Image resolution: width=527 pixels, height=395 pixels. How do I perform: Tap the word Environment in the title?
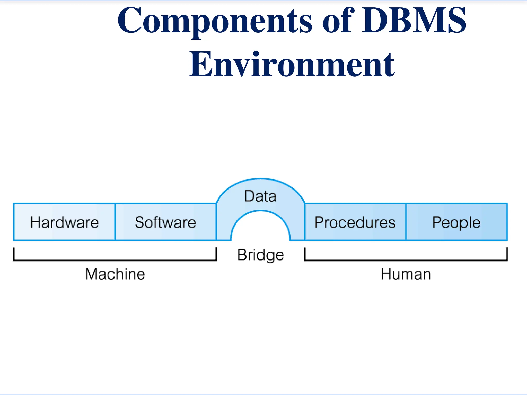click(292, 64)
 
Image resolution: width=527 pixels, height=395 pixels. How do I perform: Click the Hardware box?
click(64, 222)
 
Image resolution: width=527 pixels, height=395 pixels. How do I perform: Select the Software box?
click(165, 222)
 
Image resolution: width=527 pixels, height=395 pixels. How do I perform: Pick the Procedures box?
click(355, 222)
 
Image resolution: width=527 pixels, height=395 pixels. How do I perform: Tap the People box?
click(456, 222)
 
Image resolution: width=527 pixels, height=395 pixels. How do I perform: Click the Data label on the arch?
click(260, 196)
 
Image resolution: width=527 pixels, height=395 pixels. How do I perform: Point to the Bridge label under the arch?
click(260, 255)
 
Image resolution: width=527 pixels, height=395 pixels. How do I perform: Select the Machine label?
click(115, 274)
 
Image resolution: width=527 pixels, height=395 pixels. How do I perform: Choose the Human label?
click(406, 274)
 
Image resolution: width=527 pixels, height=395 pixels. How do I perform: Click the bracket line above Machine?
click(115, 260)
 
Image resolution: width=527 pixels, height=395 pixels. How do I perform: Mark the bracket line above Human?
click(406, 260)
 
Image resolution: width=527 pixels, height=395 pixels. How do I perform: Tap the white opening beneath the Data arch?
click(260, 229)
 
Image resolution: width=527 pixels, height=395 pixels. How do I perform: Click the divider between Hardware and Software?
click(115, 222)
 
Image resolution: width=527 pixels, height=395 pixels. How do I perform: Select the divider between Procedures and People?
click(406, 222)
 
